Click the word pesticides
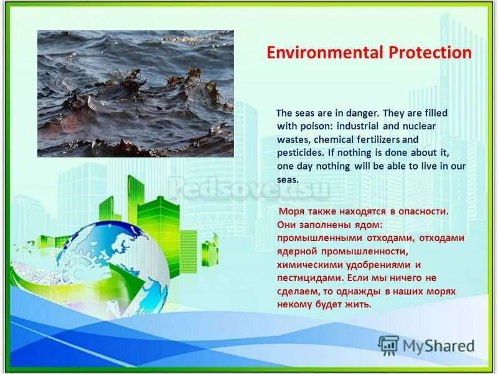(300, 152)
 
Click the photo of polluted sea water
(135, 93)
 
